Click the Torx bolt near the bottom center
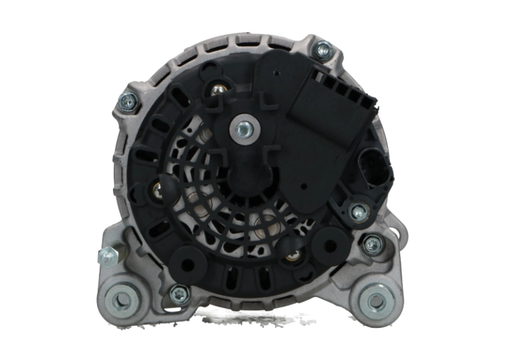pos(179,292)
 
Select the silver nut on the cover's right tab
pos(359,212)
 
